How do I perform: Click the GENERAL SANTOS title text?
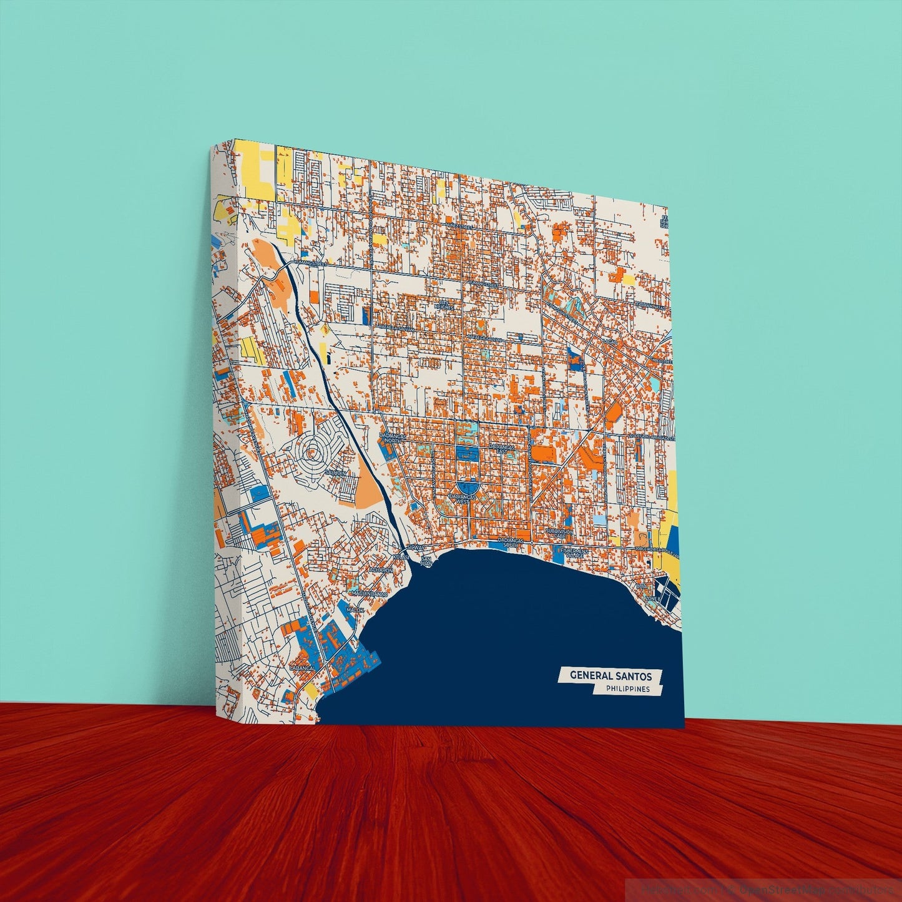[x=610, y=675]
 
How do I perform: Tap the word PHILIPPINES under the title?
[x=627, y=689]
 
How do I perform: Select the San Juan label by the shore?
[x=426, y=561]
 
